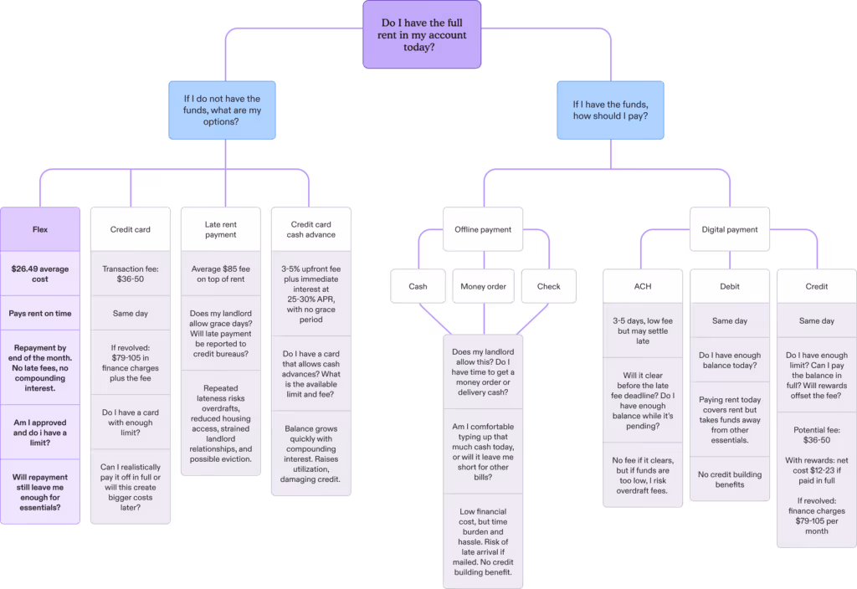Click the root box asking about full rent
[x=422, y=35]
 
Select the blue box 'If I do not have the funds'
[x=222, y=110]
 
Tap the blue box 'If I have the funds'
[x=610, y=110]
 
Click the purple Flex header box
[x=40, y=228]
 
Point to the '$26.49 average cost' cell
[x=40, y=274]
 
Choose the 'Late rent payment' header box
[x=221, y=229]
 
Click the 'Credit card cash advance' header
[x=312, y=229]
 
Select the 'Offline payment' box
[x=483, y=229]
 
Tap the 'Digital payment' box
[x=729, y=229]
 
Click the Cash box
[x=418, y=286]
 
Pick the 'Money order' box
[x=483, y=286]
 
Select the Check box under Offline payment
[x=549, y=286]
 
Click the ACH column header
[x=642, y=286]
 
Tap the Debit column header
[x=729, y=286]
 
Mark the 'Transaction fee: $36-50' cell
[x=130, y=274]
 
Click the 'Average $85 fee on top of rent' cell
[x=221, y=274]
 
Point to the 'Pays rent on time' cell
[x=40, y=314]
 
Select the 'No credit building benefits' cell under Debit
[x=729, y=479]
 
